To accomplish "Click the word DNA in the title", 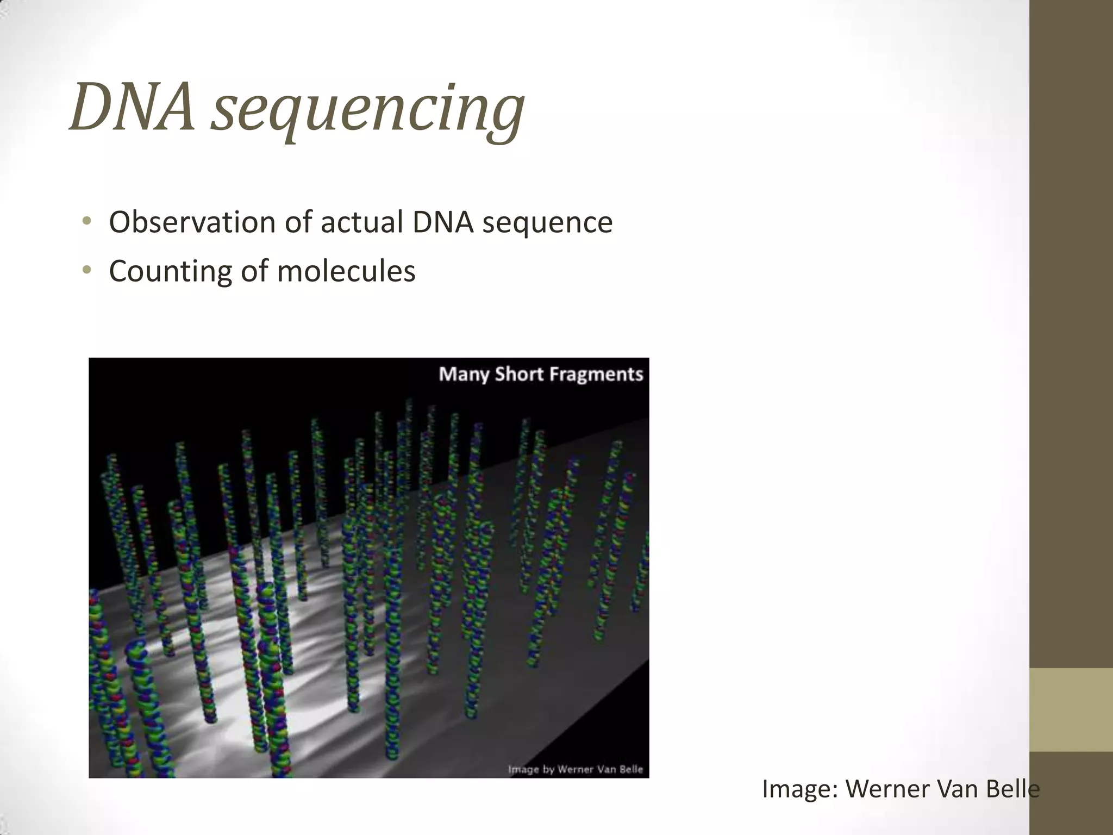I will click(132, 107).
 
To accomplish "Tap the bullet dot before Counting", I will click(86, 270).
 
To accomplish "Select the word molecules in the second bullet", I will click(346, 270).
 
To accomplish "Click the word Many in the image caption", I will click(464, 375).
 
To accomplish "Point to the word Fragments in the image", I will click(596, 375).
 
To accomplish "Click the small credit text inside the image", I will click(575, 769).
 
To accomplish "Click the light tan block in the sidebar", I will click(1071, 709).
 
